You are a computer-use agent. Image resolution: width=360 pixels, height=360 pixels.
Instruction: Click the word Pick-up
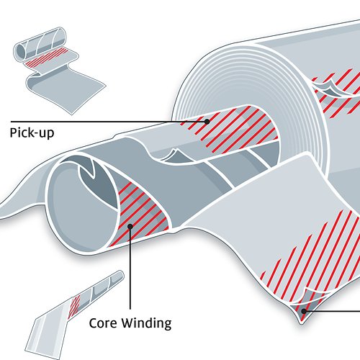pos(32,132)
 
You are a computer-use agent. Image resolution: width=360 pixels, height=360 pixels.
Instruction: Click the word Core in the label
pos(103,323)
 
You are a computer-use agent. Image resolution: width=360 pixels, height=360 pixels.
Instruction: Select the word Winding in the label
pos(146,324)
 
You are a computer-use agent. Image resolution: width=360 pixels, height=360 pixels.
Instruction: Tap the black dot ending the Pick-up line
pos(207,122)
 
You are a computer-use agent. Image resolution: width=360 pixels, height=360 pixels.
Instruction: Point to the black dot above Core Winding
pos(130,226)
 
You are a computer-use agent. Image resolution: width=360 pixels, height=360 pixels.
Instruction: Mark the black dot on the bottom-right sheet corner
pos(304,311)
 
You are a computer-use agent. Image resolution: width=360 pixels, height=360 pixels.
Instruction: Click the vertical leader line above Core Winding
pos(130,268)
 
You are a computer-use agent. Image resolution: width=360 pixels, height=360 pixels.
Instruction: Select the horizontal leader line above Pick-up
pos(109,122)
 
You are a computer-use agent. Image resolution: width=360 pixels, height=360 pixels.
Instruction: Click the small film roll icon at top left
pos(59,71)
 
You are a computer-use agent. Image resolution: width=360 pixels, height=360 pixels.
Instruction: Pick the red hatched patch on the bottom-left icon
pos(74,306)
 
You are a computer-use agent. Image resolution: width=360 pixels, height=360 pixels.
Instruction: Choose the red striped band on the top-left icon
pos(46,58)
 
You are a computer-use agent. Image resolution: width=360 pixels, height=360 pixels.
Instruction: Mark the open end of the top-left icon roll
pos(20,51)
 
